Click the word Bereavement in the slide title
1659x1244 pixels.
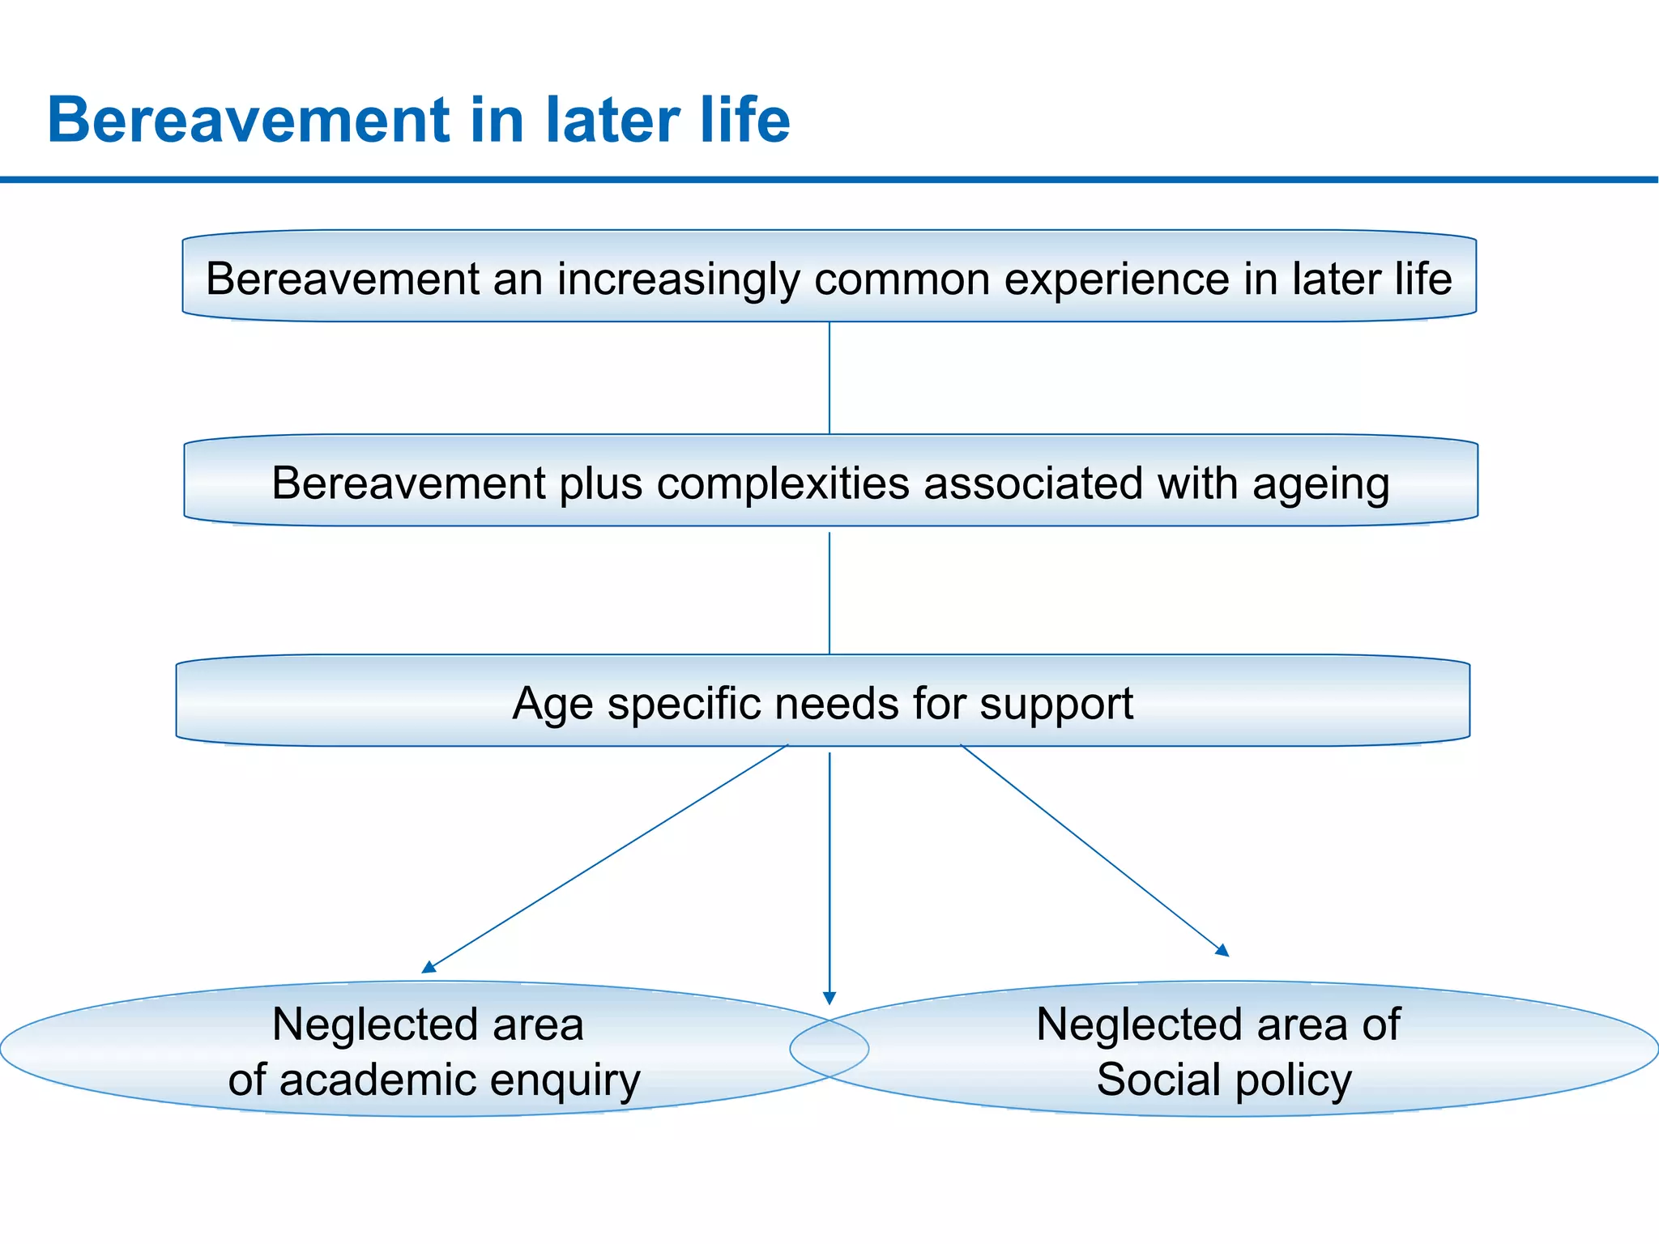point(248,120)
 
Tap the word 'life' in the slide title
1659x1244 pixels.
point(746,120)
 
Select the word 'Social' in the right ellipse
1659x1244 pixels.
point(1158,1080)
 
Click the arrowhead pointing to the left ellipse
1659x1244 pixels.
point(428,967)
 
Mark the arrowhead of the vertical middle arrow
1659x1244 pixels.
point(829,998)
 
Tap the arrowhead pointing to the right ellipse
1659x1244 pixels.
point(1223,951)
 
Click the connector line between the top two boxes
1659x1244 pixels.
point(829,377)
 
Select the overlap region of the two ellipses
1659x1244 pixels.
point(829,1050)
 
